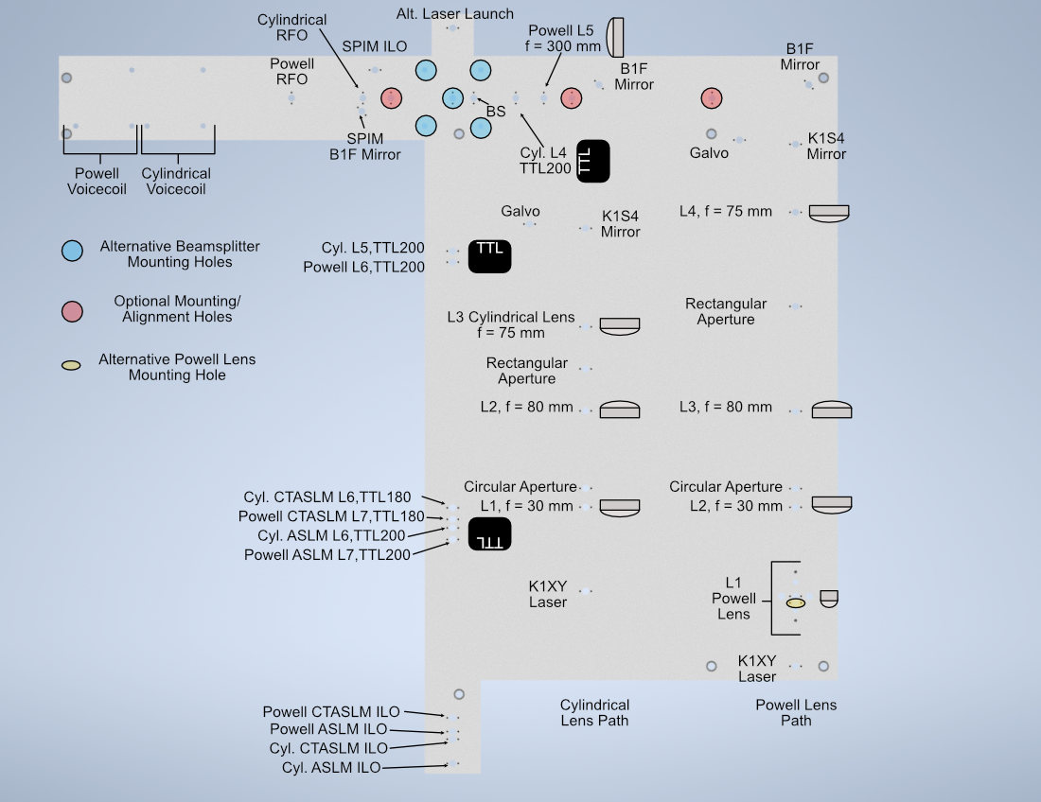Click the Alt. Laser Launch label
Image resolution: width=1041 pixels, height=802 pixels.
(x=455, y=14)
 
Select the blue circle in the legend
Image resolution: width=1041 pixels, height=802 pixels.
(x=71, y=251)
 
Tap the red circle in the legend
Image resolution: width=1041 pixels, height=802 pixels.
(x=71, y=310)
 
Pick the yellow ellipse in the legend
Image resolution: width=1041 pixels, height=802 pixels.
(x=71, y=366)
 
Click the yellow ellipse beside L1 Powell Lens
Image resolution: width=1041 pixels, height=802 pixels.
(x=796, y=602)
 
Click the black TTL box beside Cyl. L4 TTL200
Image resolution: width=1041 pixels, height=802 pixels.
(x=593, y=161)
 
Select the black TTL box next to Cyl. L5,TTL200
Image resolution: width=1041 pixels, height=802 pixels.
(x=489, y=256)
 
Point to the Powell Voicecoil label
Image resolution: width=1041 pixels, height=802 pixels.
(x=97, y=181)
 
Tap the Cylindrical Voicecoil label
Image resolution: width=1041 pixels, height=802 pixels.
(x=176, y=181)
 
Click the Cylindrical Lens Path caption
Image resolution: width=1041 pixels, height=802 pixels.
(x=594, y=712)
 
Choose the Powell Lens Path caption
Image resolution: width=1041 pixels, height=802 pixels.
(x=796, y=712)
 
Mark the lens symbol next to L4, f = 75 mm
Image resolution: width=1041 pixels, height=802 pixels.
(x=829, y=213)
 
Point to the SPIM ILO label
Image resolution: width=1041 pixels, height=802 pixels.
(x=374, y=46)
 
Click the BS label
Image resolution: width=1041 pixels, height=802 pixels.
(x=496, y=112)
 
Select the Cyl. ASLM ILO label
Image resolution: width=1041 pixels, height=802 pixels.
(x=331, y=768)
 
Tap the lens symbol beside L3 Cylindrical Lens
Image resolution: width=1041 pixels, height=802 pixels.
(x=620, y=324)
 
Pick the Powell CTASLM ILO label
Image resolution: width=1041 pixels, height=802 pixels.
(x=331, y=712)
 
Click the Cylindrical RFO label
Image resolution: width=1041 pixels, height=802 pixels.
(x=291, y=27)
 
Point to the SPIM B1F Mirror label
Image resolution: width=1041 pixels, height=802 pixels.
(x=365, y=147)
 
